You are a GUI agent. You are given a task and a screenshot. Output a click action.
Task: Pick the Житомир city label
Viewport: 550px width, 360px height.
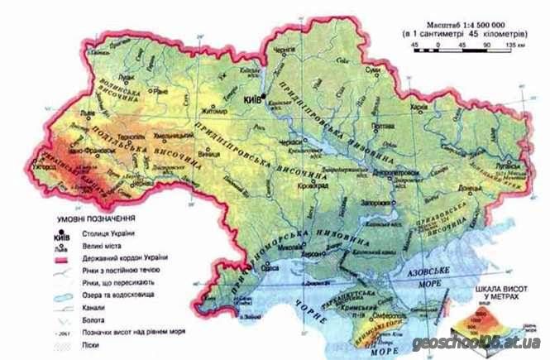[206, 108]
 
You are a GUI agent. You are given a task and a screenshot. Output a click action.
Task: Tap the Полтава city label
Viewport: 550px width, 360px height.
[381, 126]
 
